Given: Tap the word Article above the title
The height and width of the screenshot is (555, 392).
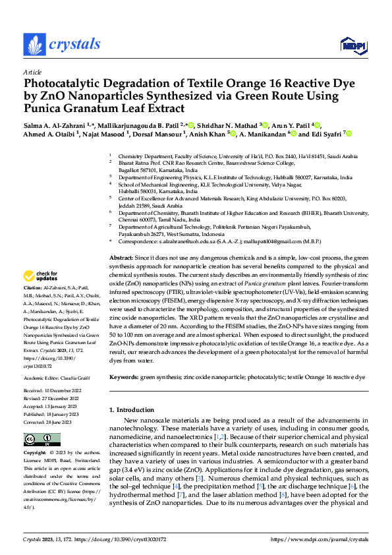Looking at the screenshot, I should click(32, 72).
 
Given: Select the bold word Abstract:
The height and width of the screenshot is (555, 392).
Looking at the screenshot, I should click(121, 257).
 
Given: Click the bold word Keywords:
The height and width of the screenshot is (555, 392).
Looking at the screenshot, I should click(124, 376).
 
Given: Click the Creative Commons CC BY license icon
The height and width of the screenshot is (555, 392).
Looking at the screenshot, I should click(42, 440).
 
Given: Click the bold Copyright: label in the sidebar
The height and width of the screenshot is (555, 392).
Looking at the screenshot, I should click(36, 453).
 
